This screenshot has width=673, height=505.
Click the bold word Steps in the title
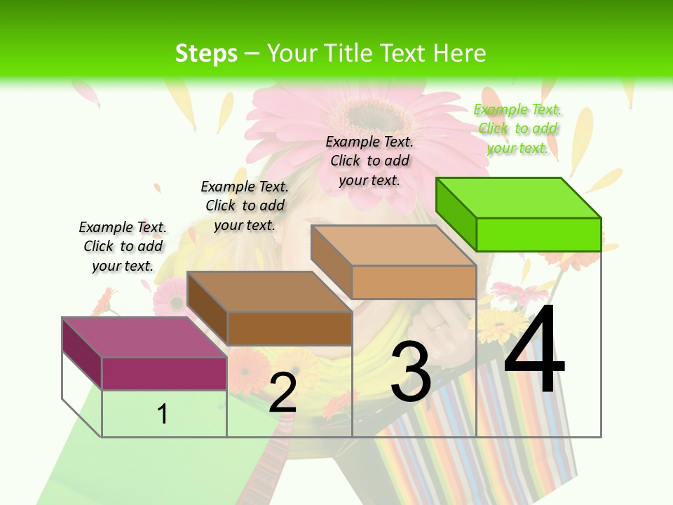206,53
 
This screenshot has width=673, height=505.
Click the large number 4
534,351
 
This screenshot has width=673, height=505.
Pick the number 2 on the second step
283,393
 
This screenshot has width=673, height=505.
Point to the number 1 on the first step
163,414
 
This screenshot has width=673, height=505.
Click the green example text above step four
518,128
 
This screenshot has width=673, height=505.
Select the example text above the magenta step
123,246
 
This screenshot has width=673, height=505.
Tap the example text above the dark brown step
245,206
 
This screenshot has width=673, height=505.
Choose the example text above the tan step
369,161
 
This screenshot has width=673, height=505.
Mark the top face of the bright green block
519,197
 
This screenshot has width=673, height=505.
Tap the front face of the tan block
414,282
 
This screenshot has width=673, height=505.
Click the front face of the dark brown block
290,328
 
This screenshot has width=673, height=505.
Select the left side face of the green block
456,215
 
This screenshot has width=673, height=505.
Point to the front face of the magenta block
164,373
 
